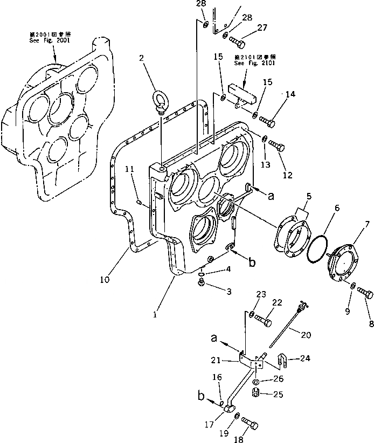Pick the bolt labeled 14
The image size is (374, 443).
pos(267,120)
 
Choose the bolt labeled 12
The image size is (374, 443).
pos(275,145)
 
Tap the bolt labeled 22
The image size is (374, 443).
pos(264,320)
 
